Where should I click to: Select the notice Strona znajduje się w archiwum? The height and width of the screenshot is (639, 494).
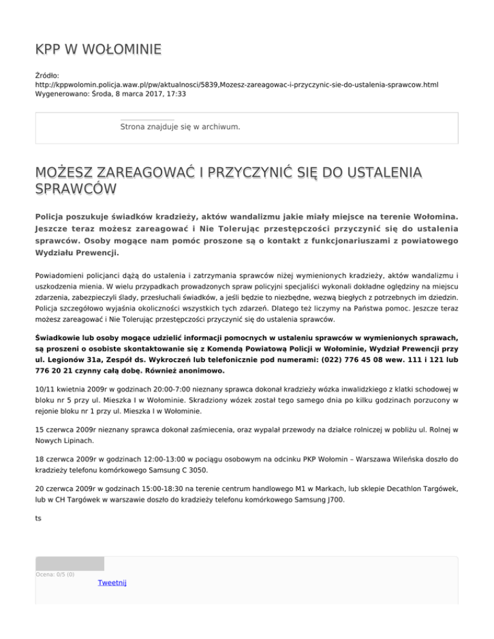180,127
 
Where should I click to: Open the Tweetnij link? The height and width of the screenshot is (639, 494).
112,582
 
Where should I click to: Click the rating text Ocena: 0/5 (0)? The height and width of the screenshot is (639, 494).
55,575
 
